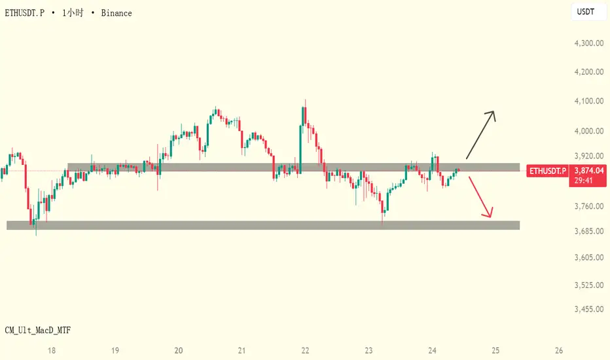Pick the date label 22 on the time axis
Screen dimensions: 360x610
coord(305,350)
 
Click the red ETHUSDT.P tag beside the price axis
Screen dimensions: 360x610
coord(547,171)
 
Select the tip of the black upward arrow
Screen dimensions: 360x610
coord(493,113)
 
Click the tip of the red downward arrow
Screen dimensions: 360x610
coord(490,217)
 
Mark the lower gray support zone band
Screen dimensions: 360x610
coord(262,225)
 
